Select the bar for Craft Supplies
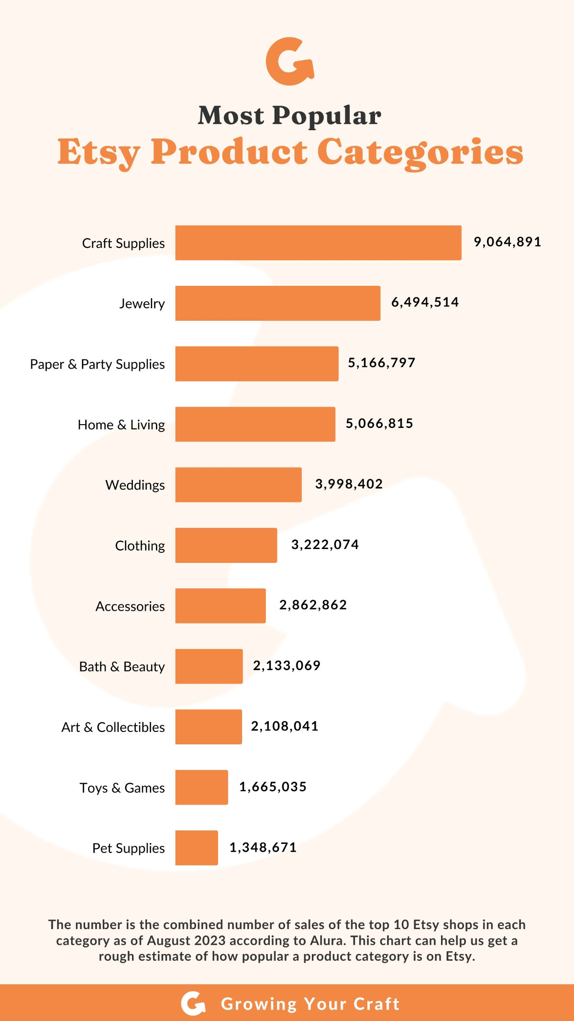[x=318, y=243]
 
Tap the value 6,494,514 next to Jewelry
[x=425, y=303]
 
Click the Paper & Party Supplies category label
[x=97, y=364]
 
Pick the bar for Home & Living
[x=255, y=424]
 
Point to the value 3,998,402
[x=349, y=484]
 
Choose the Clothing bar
[x=226, y=545]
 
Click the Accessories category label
[x=130, y=606]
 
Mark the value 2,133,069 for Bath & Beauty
[x=287, y=666]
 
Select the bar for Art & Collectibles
[x=208, y=727]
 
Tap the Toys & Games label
[x=122, y=788]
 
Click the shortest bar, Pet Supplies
[x=196, y=848]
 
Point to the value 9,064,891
[x=507, y=242]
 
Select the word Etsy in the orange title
[x=99, y=152]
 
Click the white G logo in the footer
[x=193, y=1003]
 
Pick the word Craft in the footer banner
[x=376, y=1004]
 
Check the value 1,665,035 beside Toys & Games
[x=273, y=787]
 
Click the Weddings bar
[x=238, y=485]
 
